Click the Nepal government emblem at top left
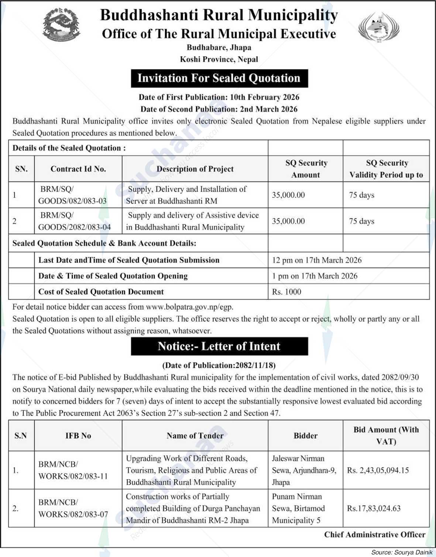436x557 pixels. [60, 26]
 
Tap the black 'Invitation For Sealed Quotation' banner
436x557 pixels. [219, 78]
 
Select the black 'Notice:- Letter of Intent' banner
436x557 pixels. [219, 346]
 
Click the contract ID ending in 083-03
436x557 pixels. [72, 195]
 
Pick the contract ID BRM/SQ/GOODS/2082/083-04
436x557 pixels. [74, 221]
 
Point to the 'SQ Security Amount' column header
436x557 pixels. [306, 169]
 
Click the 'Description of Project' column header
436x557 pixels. [195, 169]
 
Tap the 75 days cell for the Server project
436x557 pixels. [361, 195]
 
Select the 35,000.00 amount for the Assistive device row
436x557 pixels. [288, 221]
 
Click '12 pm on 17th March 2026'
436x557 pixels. [317, 260]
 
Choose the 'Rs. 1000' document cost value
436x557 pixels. [286, 292]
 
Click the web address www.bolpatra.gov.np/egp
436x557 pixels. [189, 307]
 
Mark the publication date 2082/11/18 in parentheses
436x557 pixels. [219, 366]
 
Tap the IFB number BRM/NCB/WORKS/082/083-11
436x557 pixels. [73, 470]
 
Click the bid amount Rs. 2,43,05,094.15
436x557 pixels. [383, 470]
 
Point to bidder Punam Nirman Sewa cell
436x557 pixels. [298, 508]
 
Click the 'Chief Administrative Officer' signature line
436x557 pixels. [375, 534]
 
